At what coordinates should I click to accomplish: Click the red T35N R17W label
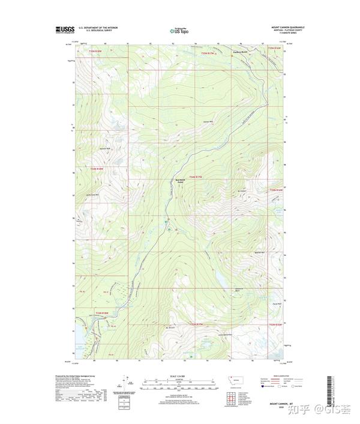208,53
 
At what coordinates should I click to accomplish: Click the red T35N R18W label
96,53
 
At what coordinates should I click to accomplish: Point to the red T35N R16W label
274,47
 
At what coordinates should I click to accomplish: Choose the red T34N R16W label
276,190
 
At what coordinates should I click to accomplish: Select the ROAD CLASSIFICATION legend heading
277,375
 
